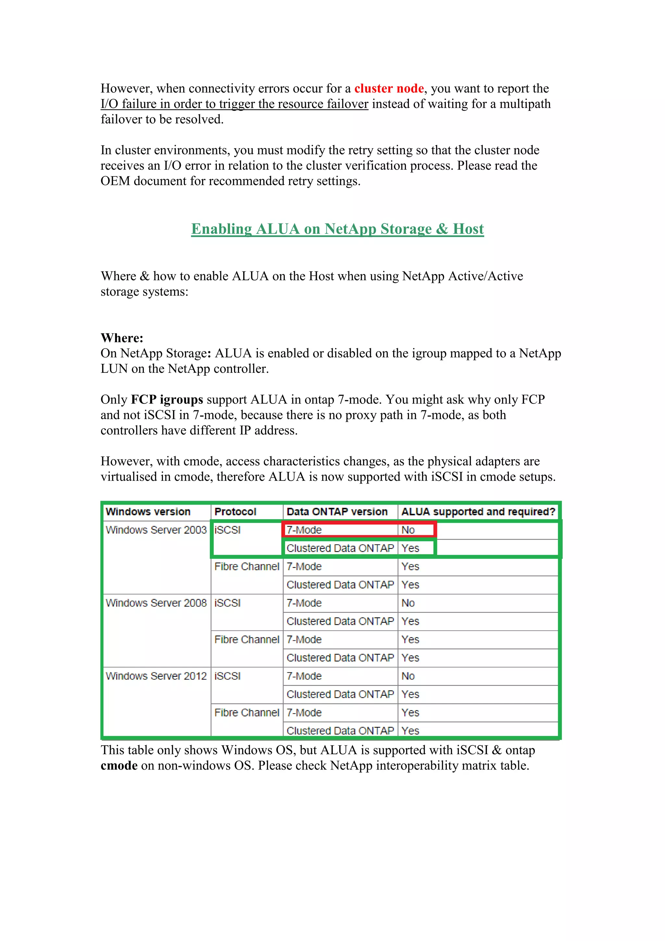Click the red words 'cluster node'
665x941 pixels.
(x=389, y=88)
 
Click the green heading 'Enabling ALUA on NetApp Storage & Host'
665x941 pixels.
(x=337, y=229)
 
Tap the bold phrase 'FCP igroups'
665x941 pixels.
(x=167, y=399)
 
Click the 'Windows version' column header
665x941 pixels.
(x=148, y=511)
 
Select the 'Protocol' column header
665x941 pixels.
(x=235, y=511)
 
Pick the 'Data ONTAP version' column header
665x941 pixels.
(x=337, y=511)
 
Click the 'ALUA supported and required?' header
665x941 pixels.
(x=478, y=511)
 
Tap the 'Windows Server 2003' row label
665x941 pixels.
(x=156, y=530)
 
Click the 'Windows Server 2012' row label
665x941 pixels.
(x=156, y=676)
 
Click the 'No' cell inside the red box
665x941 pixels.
(x=408, y=530)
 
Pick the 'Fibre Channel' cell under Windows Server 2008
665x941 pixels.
(x=246, y=639)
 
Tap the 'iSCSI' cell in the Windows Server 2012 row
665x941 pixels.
(x=228, y=676)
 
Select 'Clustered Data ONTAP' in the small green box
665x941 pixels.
(x=340, y=548)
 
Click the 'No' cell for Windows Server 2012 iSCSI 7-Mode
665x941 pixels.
(x=408, y=676)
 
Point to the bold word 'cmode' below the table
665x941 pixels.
(x=119, y=766)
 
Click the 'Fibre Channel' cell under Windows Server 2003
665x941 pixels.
(x=246, y=566)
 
